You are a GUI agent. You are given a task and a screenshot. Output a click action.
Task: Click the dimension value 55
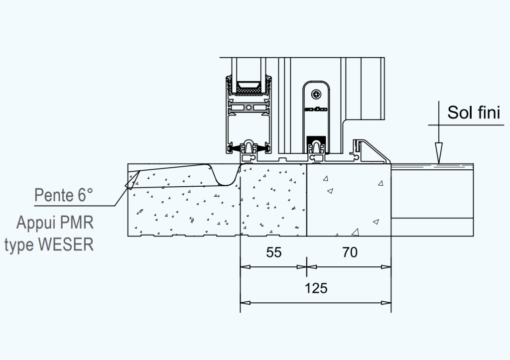[273, 252]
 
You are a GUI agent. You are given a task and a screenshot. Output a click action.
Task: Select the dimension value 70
[350, 252]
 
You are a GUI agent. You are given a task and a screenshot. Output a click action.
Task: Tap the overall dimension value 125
[316, 288]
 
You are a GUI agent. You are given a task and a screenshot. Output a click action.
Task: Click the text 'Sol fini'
[474, 112]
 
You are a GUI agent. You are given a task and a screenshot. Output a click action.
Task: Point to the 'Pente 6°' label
[64, 195]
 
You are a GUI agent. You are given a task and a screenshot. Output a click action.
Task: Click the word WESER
[66, 244]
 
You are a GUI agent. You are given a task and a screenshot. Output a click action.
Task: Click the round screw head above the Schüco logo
[316, 94]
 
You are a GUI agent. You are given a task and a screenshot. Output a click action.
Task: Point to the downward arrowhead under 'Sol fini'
[439, 153]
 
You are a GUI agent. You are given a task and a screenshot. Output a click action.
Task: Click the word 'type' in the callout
[20, 245]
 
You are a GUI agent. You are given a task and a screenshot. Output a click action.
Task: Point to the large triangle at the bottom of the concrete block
[356, 232]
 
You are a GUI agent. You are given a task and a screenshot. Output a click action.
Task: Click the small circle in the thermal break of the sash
[249, 108]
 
